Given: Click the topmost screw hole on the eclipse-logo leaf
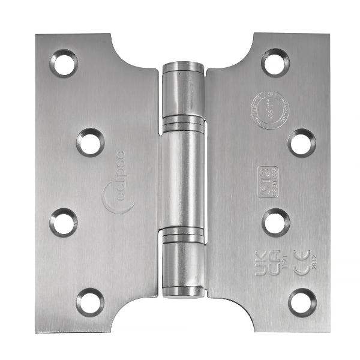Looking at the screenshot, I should tap(63, 64).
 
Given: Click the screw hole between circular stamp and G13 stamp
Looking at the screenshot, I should tap(302, 142).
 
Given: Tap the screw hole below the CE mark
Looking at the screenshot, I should tap(302, 298).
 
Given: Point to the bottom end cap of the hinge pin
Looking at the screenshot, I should tap(183, 290).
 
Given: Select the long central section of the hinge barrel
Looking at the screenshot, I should tap(183, 178).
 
